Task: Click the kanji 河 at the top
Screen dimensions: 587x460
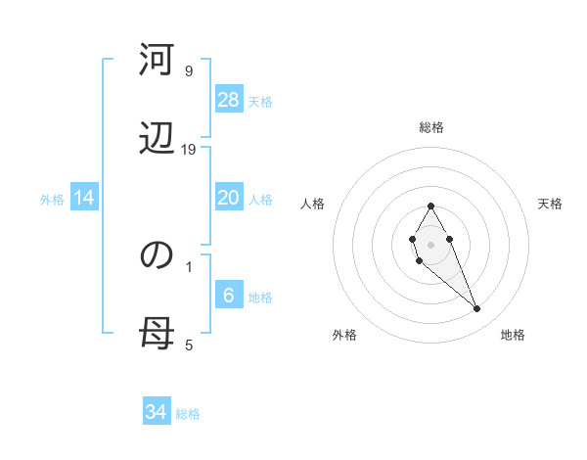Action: pos(157,61)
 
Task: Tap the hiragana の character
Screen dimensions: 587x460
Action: pos(157,254)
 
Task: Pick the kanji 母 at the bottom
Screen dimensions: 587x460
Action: pos(157,334)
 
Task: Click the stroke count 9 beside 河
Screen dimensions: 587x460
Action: pos(189,71)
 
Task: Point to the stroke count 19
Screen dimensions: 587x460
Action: pos(189,149)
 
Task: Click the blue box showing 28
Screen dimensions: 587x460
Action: pos(229,100)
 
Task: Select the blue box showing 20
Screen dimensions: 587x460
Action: pos(229,198)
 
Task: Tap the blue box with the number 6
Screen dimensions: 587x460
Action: pos(229,296)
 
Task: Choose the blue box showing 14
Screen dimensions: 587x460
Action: pos(84,198)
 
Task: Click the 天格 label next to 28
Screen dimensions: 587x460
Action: pos(260,101)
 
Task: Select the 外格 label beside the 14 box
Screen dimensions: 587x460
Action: pos(52,199)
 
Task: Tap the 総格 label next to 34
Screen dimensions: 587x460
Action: pos(188,413)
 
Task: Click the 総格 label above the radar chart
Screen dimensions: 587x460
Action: pos(431,127)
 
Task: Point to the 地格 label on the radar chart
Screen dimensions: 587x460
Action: pos(513,335)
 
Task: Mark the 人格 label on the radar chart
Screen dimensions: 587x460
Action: pos(313,204)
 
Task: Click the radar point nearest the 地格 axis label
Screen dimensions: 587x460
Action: pos(477,309)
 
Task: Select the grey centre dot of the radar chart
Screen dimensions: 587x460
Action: pos(431,243)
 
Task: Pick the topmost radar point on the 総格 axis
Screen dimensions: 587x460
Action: pos(431,206)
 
